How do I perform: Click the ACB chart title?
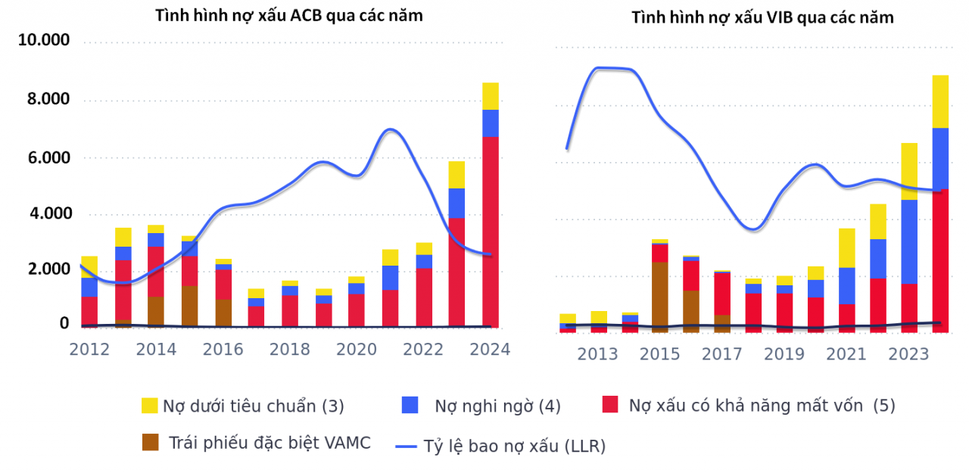[x=289, y=15]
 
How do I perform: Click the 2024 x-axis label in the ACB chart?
[x=489, y=349]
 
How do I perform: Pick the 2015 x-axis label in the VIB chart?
[x=660, y=354]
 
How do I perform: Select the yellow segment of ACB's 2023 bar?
[x=456, y=175]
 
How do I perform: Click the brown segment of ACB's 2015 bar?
[x=189, y=306]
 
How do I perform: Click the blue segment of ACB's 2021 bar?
[x=390, y=278]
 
